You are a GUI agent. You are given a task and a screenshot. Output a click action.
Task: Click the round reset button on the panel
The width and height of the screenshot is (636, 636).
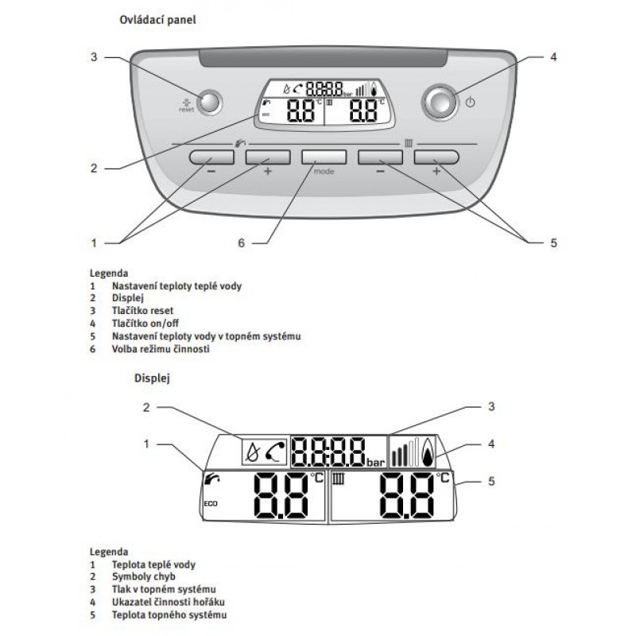click(x=209, y=102)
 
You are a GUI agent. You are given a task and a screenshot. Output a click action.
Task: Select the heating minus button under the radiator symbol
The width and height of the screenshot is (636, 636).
click(x=380, y=157)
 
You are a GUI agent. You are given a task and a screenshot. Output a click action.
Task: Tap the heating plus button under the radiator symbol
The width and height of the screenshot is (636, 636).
click(x=436, y=157)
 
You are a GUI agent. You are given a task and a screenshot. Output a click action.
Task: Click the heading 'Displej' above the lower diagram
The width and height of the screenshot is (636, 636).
click(x=150, y=378)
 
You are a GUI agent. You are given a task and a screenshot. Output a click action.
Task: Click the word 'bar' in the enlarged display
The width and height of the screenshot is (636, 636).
click(x=375, y=461)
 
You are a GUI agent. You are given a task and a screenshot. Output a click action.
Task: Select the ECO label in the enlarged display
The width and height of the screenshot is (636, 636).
click(x=211, y=504)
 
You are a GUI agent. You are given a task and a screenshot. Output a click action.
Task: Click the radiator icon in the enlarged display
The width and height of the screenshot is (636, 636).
click(x=339, y=479)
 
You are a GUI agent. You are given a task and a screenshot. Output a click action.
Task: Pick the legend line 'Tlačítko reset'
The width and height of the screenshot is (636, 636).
click(x=142, y=311)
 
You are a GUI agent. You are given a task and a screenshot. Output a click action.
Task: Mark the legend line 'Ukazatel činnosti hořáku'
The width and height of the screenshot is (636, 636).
click(x=164, y=602)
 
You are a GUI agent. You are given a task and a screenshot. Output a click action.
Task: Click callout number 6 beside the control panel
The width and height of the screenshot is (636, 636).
click(x=241, y=242)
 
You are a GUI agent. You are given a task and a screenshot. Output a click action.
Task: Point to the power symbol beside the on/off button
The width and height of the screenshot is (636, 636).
click(x=470, y=103)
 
